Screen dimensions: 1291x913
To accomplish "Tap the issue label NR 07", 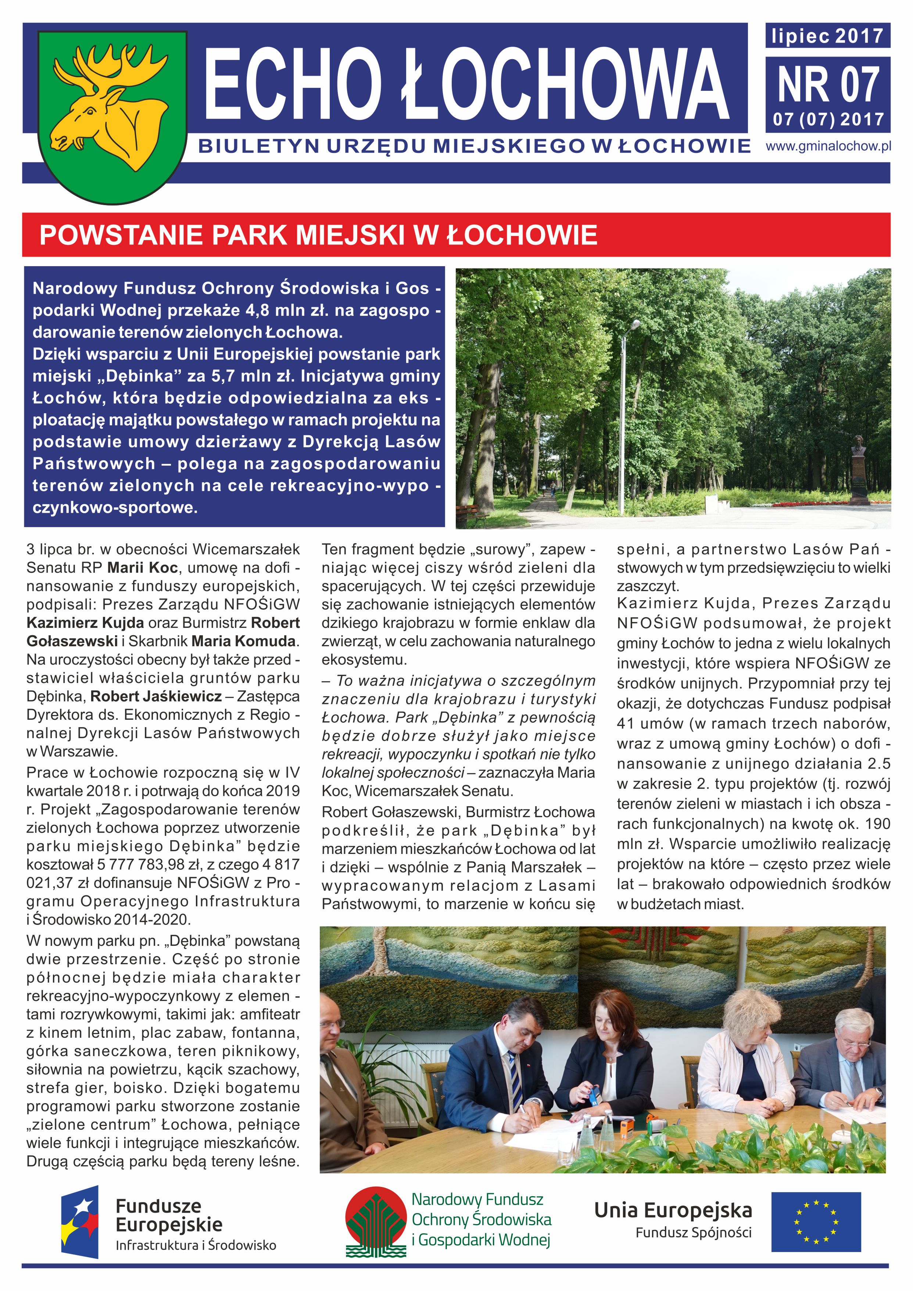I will [828, 84].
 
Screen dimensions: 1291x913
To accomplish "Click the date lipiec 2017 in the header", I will [828, 36].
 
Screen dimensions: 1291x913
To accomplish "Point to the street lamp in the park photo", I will [624, 416].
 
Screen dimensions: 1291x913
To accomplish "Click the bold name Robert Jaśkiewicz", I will [156, 697].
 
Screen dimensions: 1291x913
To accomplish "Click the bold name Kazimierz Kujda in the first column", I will [87, 623].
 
